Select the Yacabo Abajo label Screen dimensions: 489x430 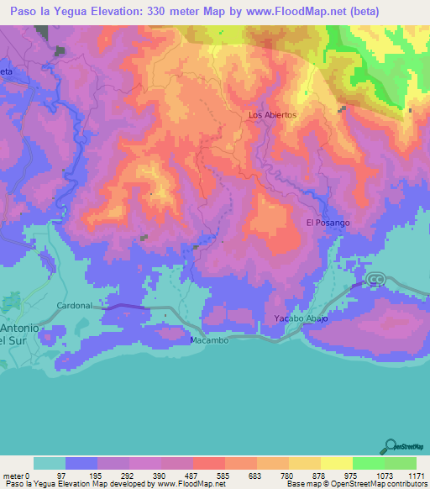300,319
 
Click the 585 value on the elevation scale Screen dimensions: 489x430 224,474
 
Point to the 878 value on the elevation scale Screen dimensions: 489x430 320,474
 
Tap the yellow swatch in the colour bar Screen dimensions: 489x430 336,462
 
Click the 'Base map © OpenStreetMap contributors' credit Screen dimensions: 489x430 356,484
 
